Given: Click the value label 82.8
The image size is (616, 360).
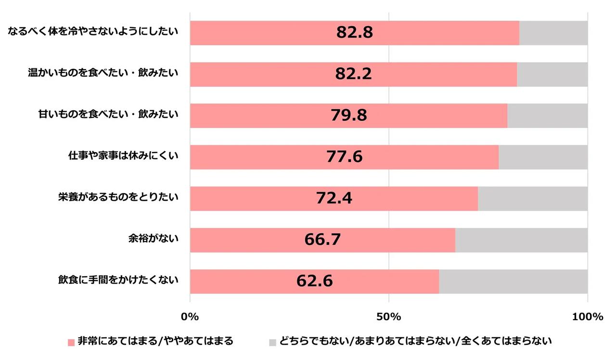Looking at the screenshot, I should pos(355,33).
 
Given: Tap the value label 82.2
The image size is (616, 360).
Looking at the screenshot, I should pos(354,74).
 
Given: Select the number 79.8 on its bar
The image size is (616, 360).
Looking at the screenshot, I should pos(348,116).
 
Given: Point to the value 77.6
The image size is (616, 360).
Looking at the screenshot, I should pos(344,157).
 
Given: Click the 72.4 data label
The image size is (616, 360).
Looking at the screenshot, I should pos(334,198).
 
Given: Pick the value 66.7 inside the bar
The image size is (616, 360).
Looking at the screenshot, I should pos(322,240).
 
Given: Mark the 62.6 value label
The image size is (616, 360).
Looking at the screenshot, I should pos(314,281).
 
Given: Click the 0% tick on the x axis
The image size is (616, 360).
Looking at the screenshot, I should pos(190,317).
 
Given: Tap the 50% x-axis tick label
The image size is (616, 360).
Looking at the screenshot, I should pos(389,317).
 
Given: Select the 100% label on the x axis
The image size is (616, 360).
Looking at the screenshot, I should pos(588,317).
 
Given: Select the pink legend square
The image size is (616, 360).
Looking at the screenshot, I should pos(71,342).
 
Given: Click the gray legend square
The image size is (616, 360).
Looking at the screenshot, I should pos(272,342).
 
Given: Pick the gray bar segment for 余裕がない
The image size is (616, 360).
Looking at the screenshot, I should pos(521,240).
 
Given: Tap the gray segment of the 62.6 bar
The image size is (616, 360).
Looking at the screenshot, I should pos(513,282).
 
